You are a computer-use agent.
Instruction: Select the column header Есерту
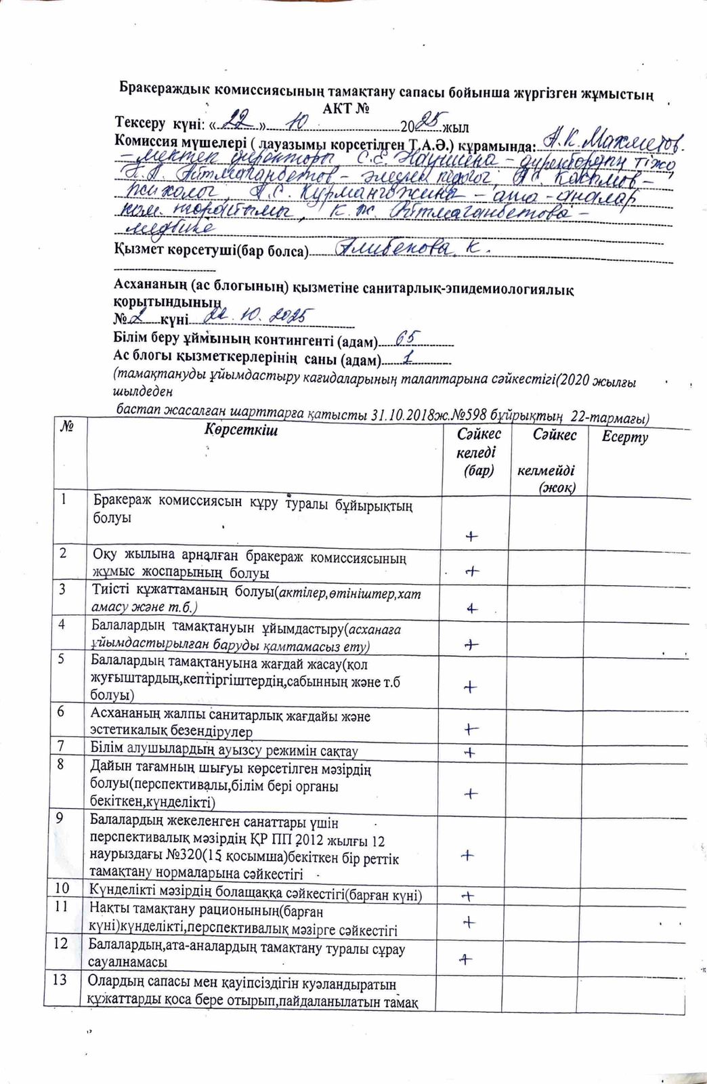tap(624, 437)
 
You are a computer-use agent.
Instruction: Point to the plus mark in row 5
tap(470, 687)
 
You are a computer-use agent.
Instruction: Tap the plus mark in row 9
tap(467, 855)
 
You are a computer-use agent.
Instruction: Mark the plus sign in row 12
tap(465, 958)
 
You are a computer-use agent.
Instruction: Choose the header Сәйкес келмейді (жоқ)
tap(555, 461)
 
